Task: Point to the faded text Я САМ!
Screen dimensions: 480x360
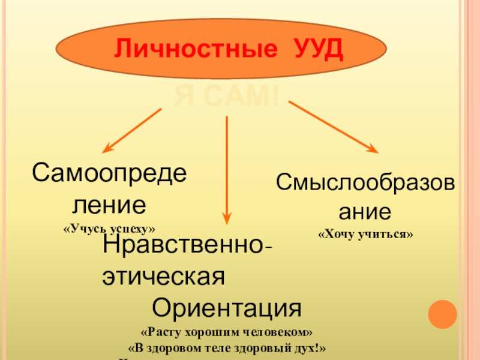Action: tap(227, 96)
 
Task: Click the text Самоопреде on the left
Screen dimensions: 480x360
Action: tap(109, 175)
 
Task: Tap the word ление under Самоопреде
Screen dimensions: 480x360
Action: tap(109, 205)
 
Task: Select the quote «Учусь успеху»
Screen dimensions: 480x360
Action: tap(109, 229)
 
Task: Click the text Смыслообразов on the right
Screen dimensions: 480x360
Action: tap(365, 183)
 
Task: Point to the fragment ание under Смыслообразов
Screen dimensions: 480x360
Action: tap(365, 211)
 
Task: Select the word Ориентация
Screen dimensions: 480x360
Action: tap(226, 308)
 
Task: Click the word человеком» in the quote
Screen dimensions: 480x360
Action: tap(282, 332)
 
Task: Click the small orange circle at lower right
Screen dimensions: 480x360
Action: tap(442, 314)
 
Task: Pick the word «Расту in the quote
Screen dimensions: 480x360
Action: tap(159, 332)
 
